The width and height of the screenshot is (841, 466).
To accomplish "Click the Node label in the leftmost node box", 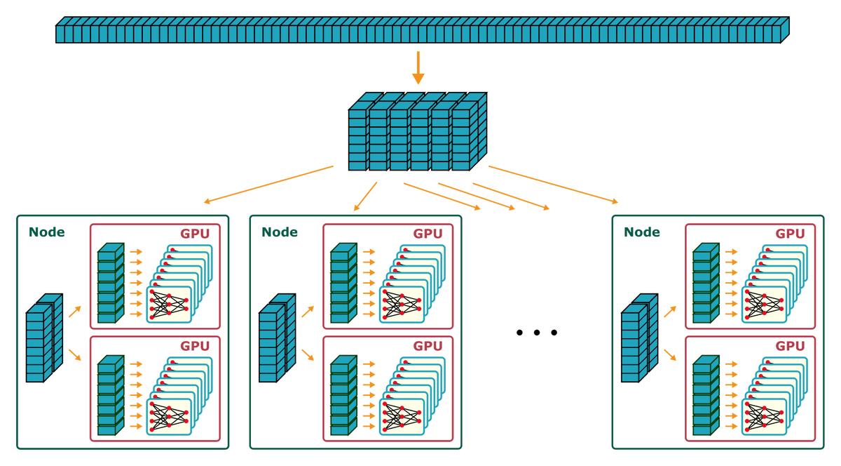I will [46, 232].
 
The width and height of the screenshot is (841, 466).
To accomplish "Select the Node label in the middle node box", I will [279, 232].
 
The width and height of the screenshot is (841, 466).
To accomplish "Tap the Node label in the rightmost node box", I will [641, 232].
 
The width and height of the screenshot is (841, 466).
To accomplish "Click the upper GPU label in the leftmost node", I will [196, 234].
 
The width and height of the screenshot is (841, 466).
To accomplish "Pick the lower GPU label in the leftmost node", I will [196, 346].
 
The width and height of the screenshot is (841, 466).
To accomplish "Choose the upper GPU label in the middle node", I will [428, 234].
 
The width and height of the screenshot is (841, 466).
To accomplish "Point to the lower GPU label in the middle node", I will [428, 346].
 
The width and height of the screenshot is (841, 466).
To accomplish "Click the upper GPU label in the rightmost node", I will [791, 234].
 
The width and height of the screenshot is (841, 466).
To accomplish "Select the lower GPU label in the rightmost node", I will [791, 346].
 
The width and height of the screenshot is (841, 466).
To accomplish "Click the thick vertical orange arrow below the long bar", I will [418, 67].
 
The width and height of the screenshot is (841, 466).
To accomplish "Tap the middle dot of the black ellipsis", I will [536, 333].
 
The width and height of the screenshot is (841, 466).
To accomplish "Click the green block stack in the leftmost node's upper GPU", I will [110, 284].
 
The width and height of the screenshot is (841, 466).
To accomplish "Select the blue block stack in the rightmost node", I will [638, 340].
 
